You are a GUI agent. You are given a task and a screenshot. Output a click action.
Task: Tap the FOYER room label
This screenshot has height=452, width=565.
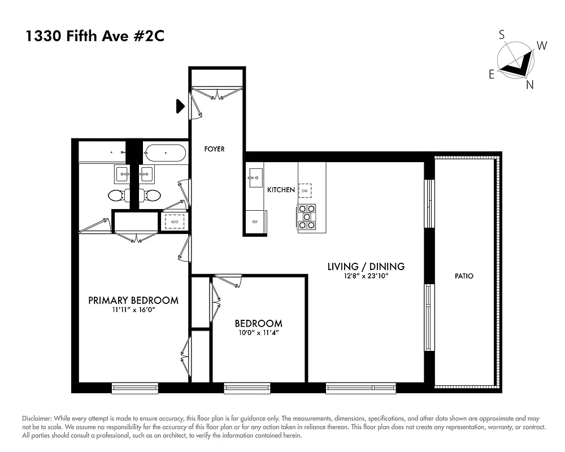click(x=214, y=149)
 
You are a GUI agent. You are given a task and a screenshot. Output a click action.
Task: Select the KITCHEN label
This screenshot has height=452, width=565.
click(x=281, y=190)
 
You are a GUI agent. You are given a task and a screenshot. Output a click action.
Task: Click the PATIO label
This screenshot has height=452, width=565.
click(x=464, y=276)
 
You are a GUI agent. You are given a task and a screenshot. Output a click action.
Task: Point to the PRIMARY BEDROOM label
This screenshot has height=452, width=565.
click(x=133, y=301)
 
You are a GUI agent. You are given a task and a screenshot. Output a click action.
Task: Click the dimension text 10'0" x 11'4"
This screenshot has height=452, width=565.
click(x=258, y=333)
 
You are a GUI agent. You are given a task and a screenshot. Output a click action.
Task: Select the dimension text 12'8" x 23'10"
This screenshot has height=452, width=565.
click(x=366, y=276)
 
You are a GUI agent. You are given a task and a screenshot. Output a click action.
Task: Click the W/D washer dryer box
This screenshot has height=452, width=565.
click(x=175, y=221)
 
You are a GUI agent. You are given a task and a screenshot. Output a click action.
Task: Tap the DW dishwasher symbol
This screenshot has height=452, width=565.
click(x=305, y=190)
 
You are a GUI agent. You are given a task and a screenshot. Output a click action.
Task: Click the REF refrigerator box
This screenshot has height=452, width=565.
click(x=255, y=222)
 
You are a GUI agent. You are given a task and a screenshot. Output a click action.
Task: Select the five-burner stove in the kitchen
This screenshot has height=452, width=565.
click(x=306, y=216)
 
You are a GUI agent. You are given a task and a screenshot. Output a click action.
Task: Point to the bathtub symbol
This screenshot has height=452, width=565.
click(x=164, y=153)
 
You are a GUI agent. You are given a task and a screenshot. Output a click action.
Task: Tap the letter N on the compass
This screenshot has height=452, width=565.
click(x=529, y=85)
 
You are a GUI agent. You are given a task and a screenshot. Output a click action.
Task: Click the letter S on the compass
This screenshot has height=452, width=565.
click(x=502, y=35)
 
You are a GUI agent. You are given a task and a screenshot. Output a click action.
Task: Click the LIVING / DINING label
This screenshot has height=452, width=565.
click(x=366, y=266)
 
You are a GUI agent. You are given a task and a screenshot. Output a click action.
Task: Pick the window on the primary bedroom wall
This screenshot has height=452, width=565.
click(x=134, y=388)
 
